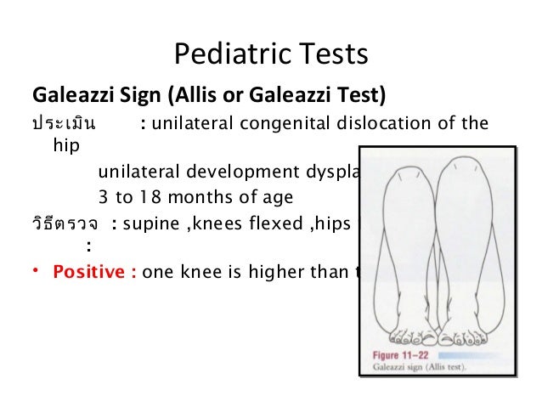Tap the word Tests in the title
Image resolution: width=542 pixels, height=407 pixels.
click(331, 55)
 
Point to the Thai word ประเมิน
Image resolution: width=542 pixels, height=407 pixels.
click(64, 124)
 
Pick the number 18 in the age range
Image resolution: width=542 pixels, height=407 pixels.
click(146, 197)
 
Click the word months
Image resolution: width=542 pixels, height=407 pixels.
click(195, 197)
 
